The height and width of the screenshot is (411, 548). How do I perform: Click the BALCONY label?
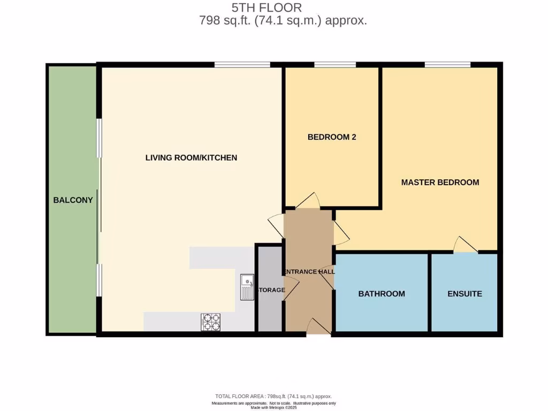pyautogui.click(x=73, y=201)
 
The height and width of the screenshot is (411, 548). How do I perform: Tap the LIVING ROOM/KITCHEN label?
pyautogui.click(x=191, y=157)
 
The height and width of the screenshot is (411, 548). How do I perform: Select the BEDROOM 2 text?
pyautogui.click(x=332, y=137)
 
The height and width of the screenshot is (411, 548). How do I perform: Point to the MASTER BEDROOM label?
pyautogui.click(x=440, y=182)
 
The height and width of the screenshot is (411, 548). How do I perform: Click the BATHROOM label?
pyautogui.click(x=382, y=294)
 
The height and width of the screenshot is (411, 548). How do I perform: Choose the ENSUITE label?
pyautogui.click(x=465, y=294)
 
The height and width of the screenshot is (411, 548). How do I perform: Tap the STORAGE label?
pyautogui.click(x=271, y=290)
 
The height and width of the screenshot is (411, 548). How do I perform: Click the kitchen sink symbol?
pyautogui.click(x=247, y=287)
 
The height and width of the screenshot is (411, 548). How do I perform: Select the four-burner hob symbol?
pyautogui.click(x=210, y=322)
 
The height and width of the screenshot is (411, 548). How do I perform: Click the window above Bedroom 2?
pyautogui.click(x=335, y=65)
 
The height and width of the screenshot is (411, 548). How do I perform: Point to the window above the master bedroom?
pyautogui.click(x=447, y=65)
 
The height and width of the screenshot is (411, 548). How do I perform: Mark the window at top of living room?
pyautogui.click(x=242, y=65)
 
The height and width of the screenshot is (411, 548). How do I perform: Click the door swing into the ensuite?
pyautogui.click(x=465, y=245)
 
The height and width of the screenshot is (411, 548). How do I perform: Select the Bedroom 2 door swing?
pyautogui.click(x=308, y=201)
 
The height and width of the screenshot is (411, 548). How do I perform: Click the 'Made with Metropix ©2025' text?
pyautogui.click(x=273, y=408)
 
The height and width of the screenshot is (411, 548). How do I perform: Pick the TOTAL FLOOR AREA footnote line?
pyautogui.click(x=273, y=396)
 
